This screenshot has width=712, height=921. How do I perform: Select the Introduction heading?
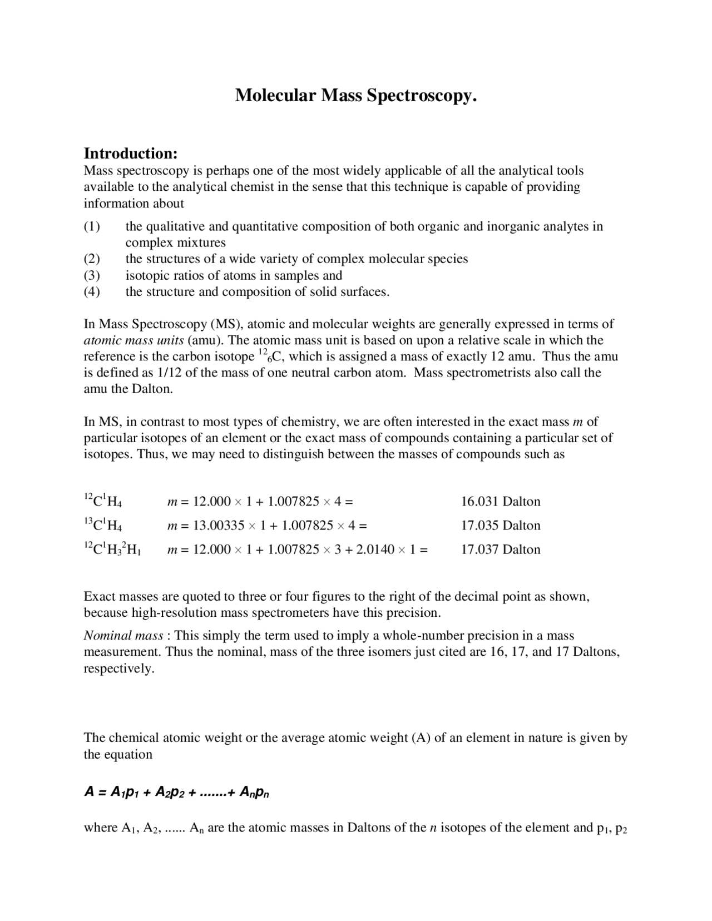click(x=130, y=153)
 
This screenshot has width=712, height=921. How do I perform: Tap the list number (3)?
click(x=92, y=275)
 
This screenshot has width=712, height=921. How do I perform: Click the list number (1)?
click(x=92, y=226)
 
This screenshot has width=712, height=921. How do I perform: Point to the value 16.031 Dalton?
click(x=500, y=502)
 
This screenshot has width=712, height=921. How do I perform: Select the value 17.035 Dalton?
click(x=500, y=526)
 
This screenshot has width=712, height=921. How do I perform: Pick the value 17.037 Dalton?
click(x=500, y=549)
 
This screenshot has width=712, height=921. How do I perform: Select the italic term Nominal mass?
click(x=123, y=636)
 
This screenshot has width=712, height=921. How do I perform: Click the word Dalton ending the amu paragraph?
click(x=151, y=389)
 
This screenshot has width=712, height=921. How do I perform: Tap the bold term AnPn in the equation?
click(x=254, y=793)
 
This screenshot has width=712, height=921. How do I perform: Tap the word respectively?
click(x=118, y=668)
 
